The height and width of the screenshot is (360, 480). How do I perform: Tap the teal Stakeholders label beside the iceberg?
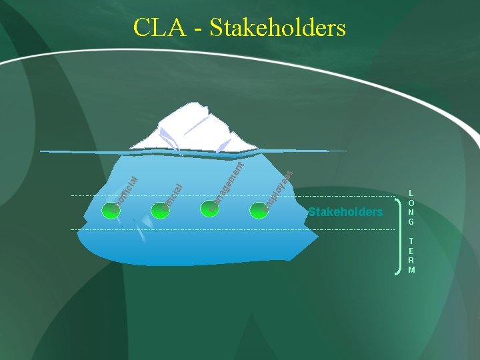tap(345, 212)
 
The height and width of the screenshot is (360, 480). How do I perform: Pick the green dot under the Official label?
tap(162, 208)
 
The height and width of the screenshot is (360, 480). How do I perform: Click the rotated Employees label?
tap(278, 189)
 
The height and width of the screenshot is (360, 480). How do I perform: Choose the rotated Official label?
tap(173, 193)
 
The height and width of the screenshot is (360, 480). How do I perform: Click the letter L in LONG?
tap(411, 193)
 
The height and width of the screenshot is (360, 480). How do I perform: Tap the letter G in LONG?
tap(411, 221)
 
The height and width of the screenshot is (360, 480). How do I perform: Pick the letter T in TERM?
tap(411, 241)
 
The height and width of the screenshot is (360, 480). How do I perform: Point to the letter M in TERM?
tap(411, 270)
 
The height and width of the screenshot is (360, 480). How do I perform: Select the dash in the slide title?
tap(198, 29)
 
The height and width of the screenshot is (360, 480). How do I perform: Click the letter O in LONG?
tap(411, 203)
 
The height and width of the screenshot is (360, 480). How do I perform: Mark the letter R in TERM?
tap(411, 261)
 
